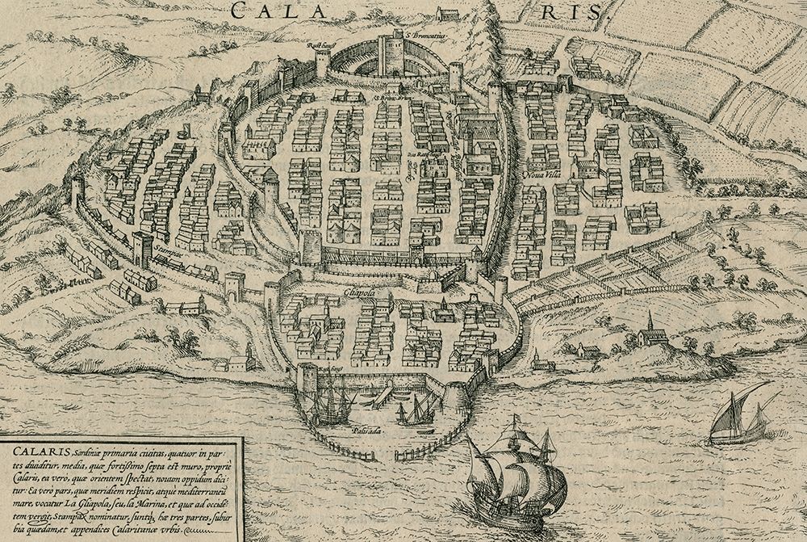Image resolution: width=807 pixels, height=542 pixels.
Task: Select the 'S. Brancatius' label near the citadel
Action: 424,36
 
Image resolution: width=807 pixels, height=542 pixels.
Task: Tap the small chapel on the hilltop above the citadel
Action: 445,13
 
